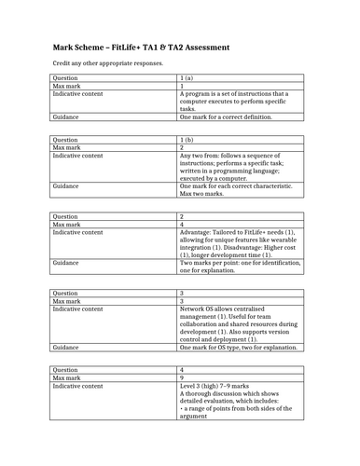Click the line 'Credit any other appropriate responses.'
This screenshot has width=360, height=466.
(106, 64)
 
